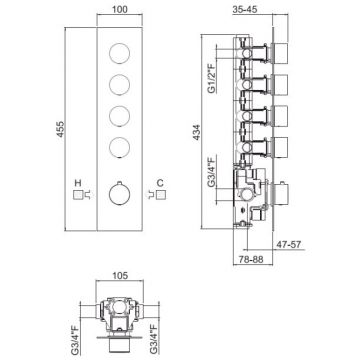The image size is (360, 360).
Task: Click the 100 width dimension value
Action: coord(120,9)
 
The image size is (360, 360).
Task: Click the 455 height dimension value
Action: coord(60,130)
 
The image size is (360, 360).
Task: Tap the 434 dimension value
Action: coord(197,132)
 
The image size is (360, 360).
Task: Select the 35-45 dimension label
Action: coord(245,9)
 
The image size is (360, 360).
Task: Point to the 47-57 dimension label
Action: coord(289,244)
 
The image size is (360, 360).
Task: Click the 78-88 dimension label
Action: coord(251,259)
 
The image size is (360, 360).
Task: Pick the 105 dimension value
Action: coord(120,275)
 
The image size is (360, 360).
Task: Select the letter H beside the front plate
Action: coord(78,183)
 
